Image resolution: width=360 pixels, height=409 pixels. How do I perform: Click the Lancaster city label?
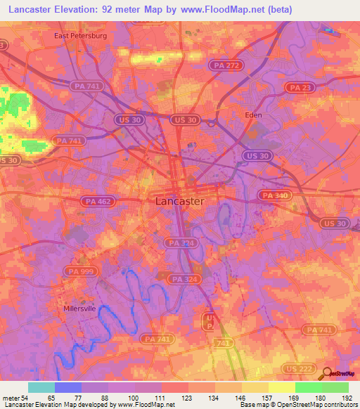click(x=179, y=202)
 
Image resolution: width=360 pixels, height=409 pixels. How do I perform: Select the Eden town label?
click(x=252, y=115)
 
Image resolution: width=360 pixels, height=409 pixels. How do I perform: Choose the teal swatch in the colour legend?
click(x=41, y=387)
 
